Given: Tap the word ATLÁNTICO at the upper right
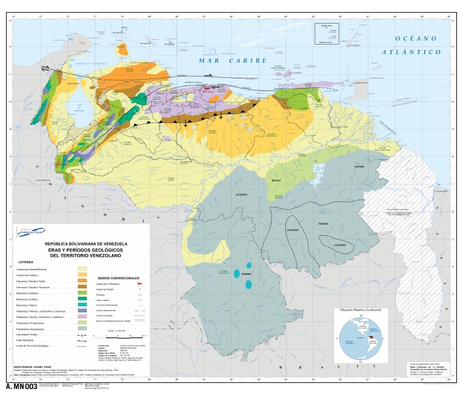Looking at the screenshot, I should pos(412,52).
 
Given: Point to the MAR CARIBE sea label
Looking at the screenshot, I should pos(232,61).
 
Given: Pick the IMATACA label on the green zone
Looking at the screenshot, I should pos(276,180).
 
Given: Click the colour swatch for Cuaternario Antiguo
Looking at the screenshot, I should pos(82,276).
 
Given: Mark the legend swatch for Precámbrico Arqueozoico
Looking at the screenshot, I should pos(82,329).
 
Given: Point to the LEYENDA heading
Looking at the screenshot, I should pos(26,263).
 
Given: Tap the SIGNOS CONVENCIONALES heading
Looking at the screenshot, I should pos(119,277).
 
